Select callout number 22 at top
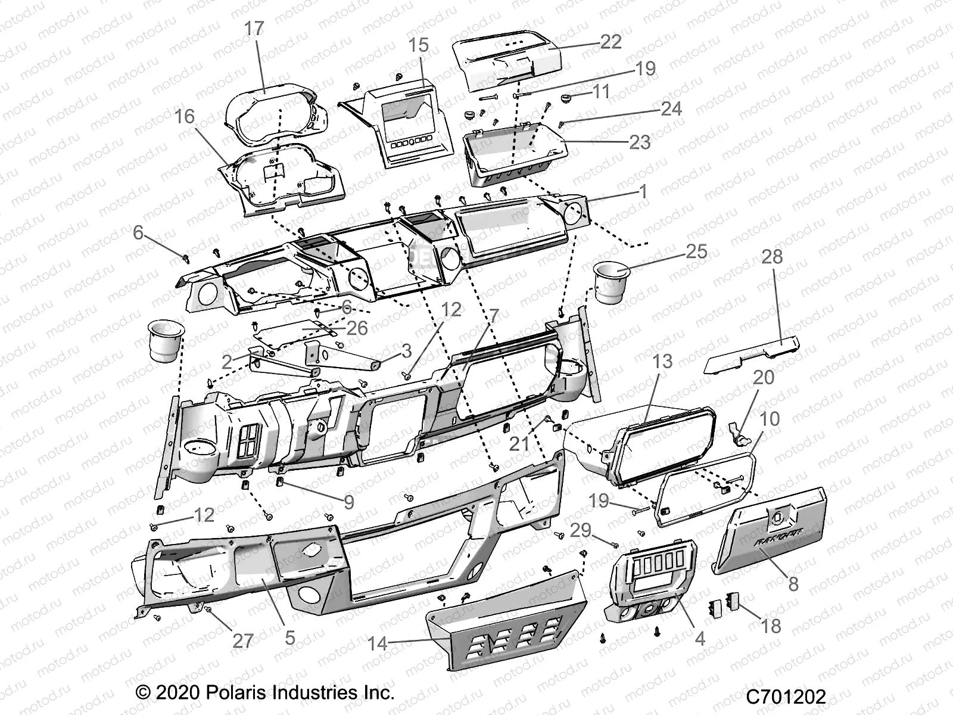(611, 42)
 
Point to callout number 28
(772, 257)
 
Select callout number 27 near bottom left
(242, 641)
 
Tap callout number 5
(289, 638)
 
